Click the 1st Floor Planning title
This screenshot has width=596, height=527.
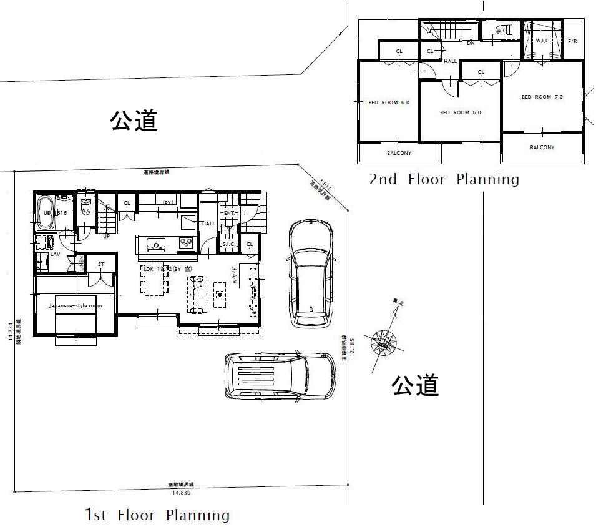pos(157,515)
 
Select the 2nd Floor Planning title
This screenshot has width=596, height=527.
pos(444,180)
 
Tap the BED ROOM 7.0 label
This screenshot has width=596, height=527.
pos(542,97)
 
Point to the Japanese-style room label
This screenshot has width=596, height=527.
pos(75,305)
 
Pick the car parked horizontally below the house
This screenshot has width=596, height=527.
pos(280,377)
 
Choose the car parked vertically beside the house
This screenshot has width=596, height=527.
pos(310,273)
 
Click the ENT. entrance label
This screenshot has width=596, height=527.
pos(228,214)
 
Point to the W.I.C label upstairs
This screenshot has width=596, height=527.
pos(543,41)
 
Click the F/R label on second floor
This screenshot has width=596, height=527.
pos(572,41)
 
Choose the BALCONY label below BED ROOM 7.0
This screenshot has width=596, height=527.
pos(542,147)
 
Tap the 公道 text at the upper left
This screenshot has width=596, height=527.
pos(134,120)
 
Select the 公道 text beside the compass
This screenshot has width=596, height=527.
pos(415,385)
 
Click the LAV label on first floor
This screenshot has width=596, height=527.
pos(55,254)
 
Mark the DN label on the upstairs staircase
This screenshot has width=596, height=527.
pos(471,44)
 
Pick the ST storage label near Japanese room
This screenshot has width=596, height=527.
pos(101,264)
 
